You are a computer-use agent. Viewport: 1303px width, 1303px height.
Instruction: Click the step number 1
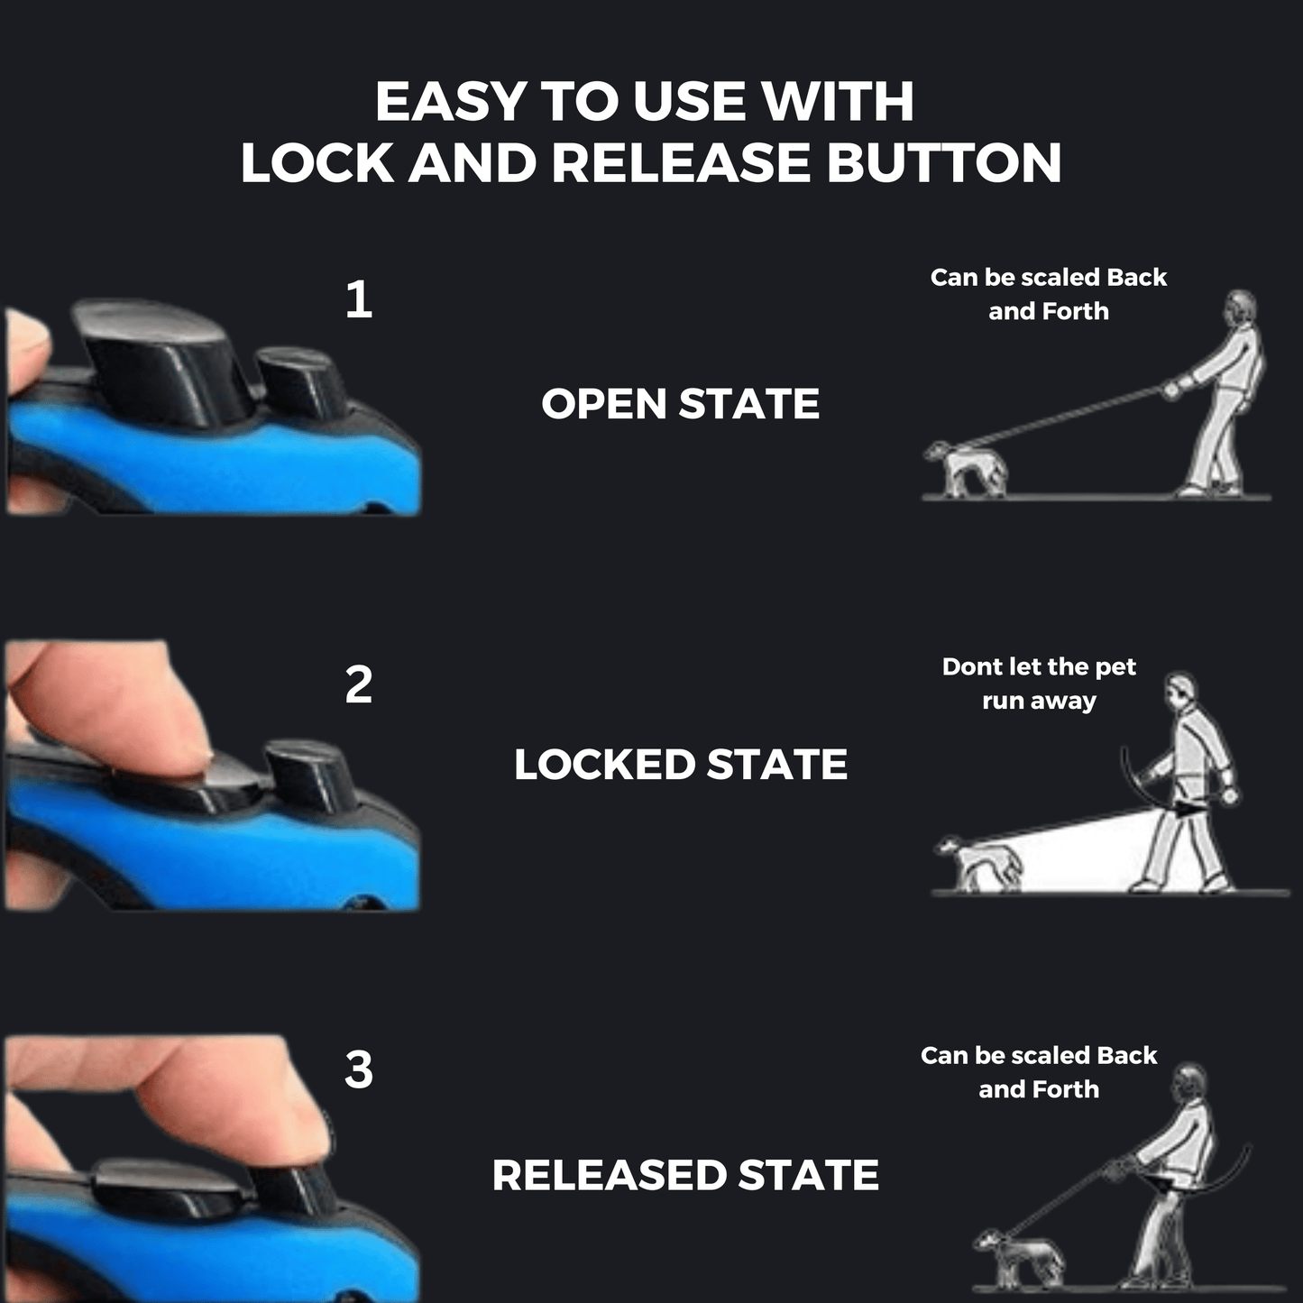358,299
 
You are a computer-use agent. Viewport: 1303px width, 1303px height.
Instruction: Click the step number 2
358,685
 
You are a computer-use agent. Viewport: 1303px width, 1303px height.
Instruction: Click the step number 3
358,1069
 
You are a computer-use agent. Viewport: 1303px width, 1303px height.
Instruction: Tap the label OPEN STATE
680,404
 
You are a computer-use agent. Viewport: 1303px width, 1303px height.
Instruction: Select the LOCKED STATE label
680,765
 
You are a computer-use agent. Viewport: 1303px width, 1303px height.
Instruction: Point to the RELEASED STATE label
685,1175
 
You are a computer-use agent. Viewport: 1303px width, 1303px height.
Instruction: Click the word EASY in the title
450,102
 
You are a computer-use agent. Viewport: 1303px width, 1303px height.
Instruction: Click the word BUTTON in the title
944,163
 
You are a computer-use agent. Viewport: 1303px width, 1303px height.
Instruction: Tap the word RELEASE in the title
681,163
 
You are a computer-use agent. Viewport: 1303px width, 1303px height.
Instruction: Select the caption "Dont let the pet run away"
1039,684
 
